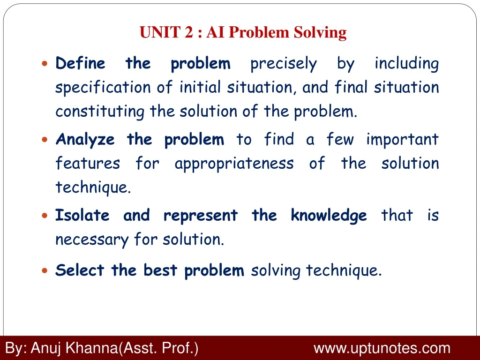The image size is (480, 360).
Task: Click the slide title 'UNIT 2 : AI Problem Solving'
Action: click(x=243, y=33)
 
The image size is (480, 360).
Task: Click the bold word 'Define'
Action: click(x=80, y=63)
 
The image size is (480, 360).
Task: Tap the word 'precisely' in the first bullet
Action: click(x=284, y=64)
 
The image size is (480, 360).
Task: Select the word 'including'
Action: click(x=406, y=64)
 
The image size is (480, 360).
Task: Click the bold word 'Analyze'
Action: click(x=85, y=140)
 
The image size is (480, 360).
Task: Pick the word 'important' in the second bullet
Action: click(x=402, y=139)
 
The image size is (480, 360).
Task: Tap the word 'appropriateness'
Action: click(x=234, y=164)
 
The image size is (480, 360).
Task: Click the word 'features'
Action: click(x=88, y=164)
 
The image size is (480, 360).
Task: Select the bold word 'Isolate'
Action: click(x=82, y=216)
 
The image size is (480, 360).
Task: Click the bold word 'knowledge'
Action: click(x=329, y=216)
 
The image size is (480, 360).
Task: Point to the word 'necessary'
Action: click(x=92, y=240)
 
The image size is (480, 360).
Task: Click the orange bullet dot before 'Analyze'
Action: click(x=45, y=140)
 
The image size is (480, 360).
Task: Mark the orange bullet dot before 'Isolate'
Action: click(x=45, y=216)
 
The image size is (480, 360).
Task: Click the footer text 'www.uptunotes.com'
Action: click(x=382, y=348)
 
